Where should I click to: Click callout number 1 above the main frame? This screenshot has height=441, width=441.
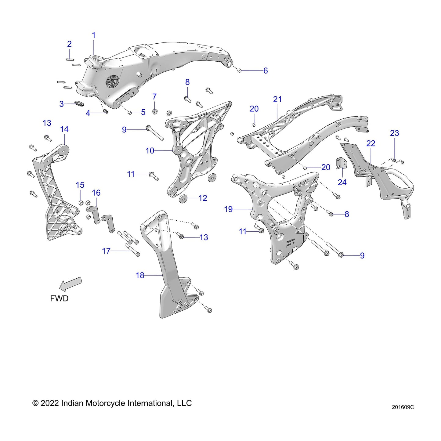coord(94,35)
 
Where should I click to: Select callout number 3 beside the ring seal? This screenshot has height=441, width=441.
coord(62,104)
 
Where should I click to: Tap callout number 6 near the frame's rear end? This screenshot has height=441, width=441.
coord(266,71)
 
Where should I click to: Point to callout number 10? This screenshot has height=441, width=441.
coord(150,151)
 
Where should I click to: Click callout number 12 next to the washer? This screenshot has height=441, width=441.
coord(203,198)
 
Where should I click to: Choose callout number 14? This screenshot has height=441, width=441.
coord(64,129)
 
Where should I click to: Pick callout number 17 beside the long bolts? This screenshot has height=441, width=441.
coord(106,251)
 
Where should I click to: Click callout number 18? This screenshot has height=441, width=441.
coord(140,276)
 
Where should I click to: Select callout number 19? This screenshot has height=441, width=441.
coord(228,209)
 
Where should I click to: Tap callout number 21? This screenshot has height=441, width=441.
coord(277,99)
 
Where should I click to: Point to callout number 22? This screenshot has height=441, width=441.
coord(371,143)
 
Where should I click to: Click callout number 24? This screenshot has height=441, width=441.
coord(342,183)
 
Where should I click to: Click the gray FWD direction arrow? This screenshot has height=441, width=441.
coord(71,284)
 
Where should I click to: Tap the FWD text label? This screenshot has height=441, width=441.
coord(59,298)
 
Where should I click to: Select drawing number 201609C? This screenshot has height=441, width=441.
coord(403,407)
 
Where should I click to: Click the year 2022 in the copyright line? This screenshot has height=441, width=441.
coord(49,403)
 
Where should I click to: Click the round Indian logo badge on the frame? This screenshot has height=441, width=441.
coord(112,82)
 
